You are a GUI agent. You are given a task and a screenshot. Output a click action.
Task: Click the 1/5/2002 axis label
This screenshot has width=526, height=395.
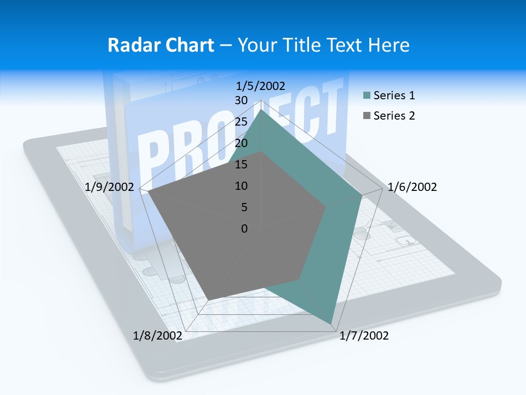tap(260, 86)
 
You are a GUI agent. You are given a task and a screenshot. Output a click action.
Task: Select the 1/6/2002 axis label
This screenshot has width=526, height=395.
tap(412, 187)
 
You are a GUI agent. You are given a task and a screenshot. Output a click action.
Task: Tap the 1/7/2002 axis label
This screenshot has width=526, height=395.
tap(364, 336)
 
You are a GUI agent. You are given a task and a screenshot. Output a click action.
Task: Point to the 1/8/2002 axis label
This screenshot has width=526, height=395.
tap(157, 336)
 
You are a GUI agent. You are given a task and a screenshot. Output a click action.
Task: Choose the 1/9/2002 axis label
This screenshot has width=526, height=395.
tap(110, 187)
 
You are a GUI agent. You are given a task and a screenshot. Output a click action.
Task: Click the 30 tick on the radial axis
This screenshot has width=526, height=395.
tap(241, 100)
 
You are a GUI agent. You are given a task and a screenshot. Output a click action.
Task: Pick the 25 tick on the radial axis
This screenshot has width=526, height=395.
tap(241, 122)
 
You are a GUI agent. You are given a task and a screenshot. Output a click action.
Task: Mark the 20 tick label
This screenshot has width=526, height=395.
tap(241, 143)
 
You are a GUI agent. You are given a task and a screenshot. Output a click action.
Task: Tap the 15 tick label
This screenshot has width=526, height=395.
tap(241, 165)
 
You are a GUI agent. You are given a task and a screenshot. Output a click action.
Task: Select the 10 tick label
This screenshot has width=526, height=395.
tap(241, 186)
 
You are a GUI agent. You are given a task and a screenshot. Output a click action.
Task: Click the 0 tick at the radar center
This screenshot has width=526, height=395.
tap(244, 229)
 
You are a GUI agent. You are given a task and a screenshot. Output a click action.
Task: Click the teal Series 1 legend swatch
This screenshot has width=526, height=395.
tap(367, 96)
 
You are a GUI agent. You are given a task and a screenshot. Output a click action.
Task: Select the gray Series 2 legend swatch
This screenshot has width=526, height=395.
tap(367, 116)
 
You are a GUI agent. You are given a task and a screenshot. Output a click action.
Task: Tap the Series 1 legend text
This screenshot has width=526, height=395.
tap(394, 96)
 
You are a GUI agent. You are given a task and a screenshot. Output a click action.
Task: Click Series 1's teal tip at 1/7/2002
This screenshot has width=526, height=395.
tap(331, 322)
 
